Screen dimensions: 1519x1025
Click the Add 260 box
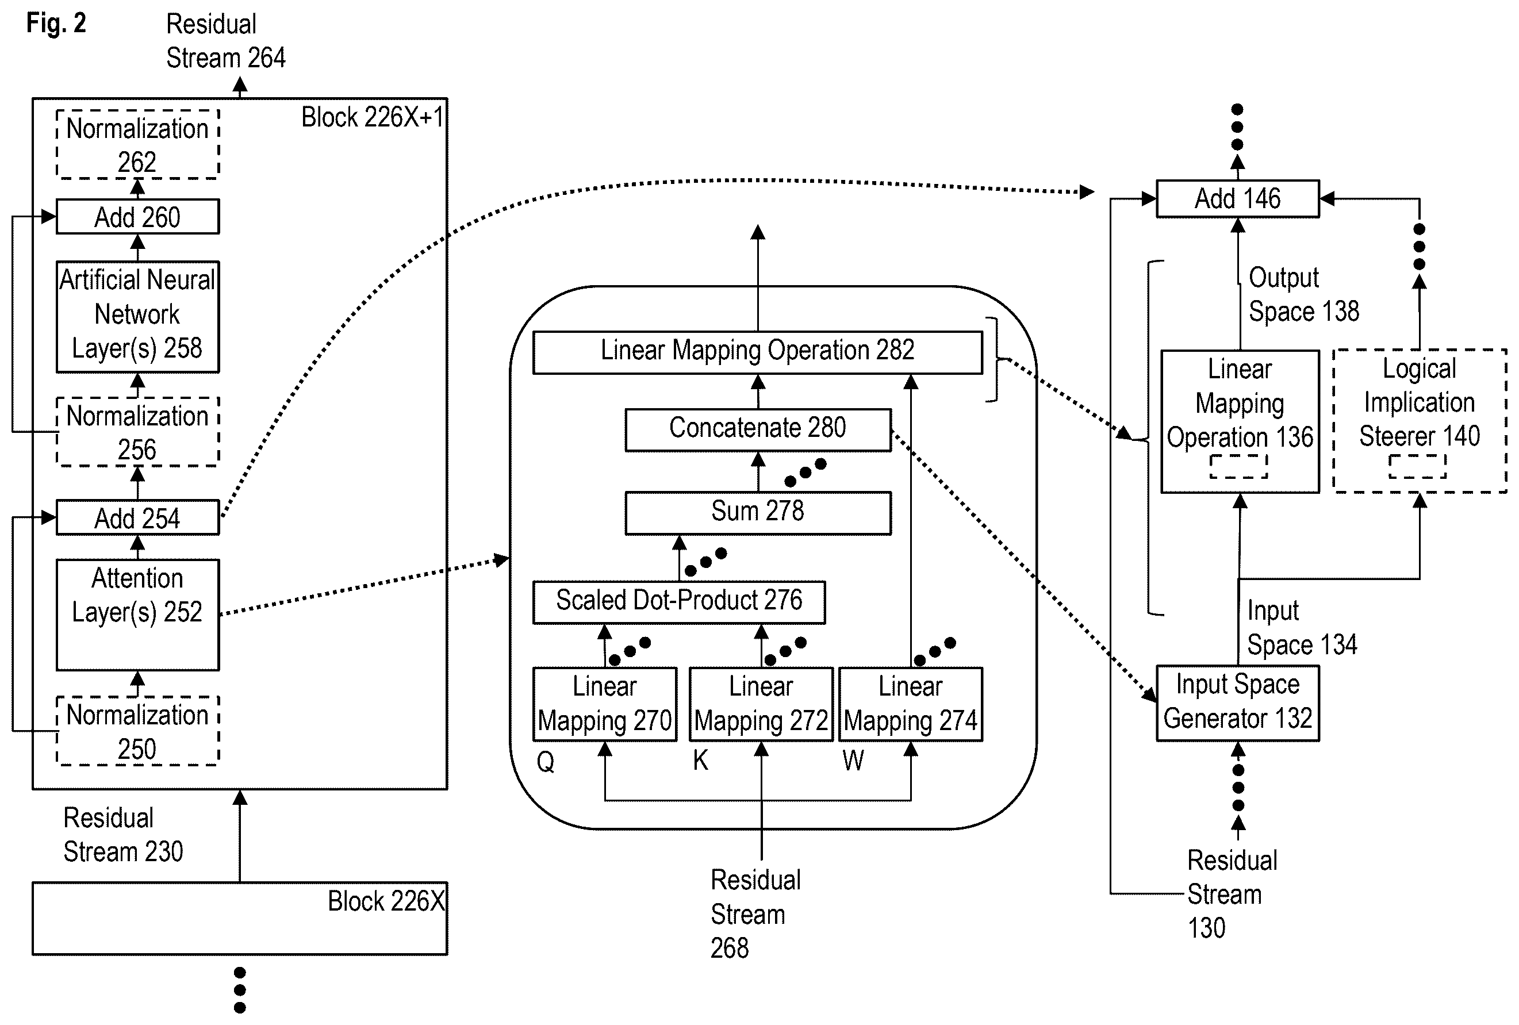point(137,216)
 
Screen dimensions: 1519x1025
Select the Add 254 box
point(137,518)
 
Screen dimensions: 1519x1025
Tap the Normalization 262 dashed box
point(137,144)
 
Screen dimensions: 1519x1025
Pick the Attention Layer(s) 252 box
point(137,615)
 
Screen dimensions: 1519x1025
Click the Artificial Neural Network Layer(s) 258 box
point(137,317)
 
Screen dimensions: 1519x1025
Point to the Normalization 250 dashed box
point(137,731)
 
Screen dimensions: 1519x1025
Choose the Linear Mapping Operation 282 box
point(758,353)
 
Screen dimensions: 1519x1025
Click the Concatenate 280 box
point(758,430)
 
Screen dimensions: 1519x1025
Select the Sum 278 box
point(758,514)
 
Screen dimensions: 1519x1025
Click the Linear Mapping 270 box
point(605,704)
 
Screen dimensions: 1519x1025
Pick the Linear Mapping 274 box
point(911,704)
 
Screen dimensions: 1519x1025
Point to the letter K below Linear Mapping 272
point(701,760)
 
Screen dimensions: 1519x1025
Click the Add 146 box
point(1238,199)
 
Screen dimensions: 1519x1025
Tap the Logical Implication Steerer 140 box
point(1420,421)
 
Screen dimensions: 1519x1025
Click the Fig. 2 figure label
point(56,24)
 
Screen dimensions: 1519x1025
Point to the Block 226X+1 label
point(373,118)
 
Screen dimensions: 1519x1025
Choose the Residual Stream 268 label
point(755,914)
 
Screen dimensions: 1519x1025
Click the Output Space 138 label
point(1304,295)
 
